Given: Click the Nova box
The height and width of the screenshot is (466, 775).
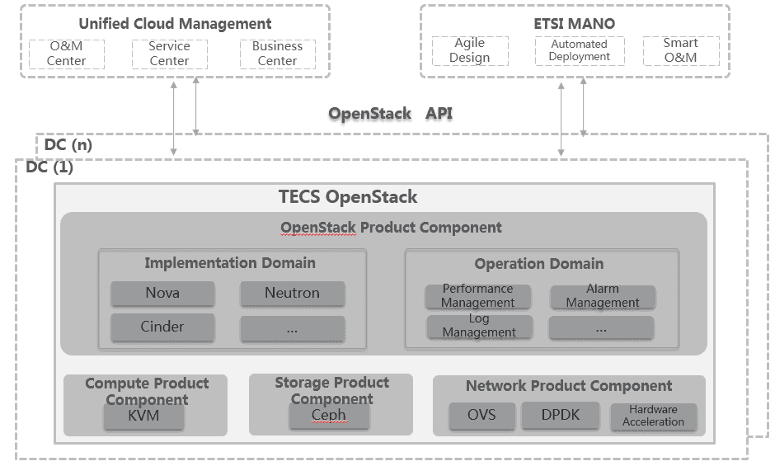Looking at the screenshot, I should [x=162, y=293].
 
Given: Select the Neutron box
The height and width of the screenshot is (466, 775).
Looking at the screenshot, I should [x=292, y=293].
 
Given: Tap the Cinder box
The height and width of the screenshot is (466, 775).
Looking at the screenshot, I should [x=162, y=327].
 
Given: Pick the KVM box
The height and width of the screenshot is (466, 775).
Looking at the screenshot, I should [x=143, y=417].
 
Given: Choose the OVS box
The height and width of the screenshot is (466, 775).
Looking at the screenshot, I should [x=481, y=415].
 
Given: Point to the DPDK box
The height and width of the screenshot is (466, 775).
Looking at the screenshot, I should [x=561, y=415].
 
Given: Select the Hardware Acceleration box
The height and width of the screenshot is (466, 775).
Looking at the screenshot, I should [x=653, y=416].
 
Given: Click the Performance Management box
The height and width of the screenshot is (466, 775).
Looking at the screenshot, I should [x=477, y=296].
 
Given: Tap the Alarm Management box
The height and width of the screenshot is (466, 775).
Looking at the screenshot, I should [x=602, y=296].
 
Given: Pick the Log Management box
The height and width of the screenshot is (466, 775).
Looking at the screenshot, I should [x=478, y=326].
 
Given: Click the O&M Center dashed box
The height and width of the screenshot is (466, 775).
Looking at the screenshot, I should [x=66, y=54].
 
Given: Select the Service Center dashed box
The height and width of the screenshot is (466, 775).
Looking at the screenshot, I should [x=169, y=54].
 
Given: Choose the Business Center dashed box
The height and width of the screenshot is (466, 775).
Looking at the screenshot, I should [x=277, y=54].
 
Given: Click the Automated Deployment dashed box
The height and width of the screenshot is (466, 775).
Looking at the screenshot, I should [x=579, y=51].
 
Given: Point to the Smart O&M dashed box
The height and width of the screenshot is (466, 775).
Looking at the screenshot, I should [x=680, y=51].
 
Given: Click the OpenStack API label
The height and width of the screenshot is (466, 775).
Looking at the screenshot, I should [x=390, y=114].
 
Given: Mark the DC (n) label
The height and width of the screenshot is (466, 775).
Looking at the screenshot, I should [x=68, y=144].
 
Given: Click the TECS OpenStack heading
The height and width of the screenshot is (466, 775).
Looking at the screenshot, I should [x=347, y=197].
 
